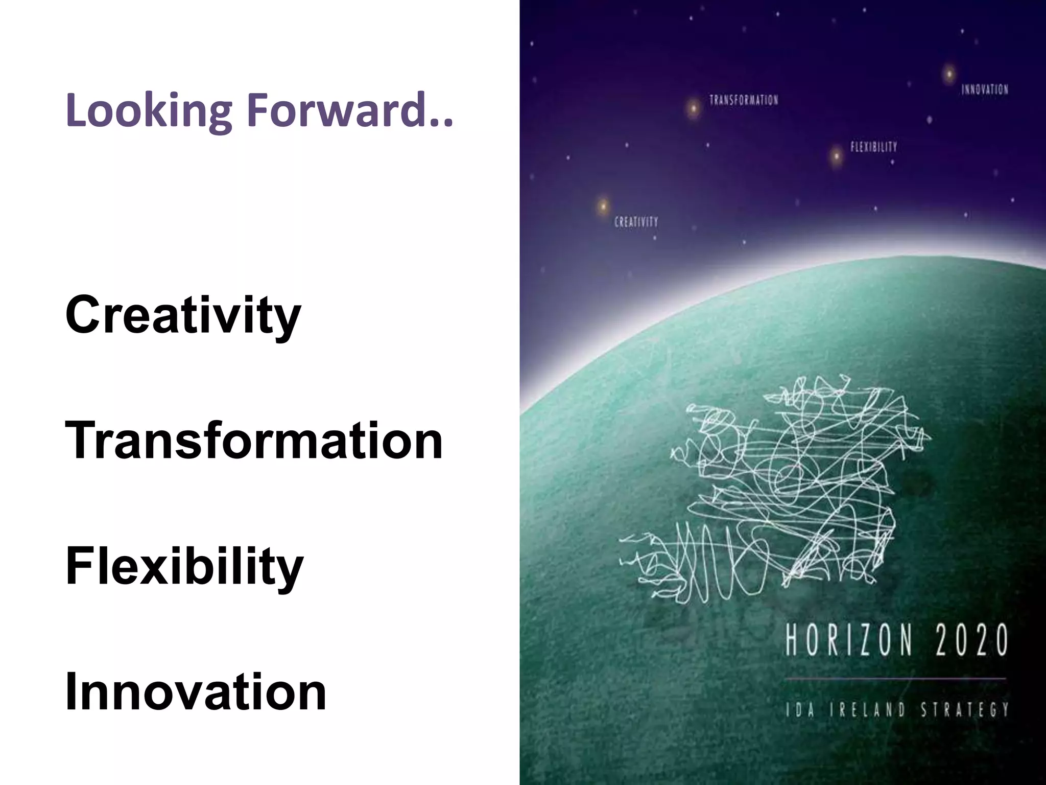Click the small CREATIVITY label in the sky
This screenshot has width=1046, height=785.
pyautogui.click(x=636, y=222)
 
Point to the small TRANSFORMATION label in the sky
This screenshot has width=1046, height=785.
pyautogui.click(x=744, y=100)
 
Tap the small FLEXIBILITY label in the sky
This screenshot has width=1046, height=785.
pyautogui.click(x=873, y=147)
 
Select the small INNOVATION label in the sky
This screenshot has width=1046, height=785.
pyautogui.click(x=985, y=90)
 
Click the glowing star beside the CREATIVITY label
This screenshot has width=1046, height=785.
pyautogui.click(x=603, y=206)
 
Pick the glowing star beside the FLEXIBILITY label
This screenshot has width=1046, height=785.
pyautogui.click(x=836, y=155)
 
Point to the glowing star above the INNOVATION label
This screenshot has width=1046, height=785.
pyautogui.click(x=948, y=75)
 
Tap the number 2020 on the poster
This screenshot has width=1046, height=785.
pyautogui.click(x=972, y=640)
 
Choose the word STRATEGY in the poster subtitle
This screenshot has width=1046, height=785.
pyautogui.click(x=965, y=710)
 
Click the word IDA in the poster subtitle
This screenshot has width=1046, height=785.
pyautogui.click(x=800, y=710)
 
